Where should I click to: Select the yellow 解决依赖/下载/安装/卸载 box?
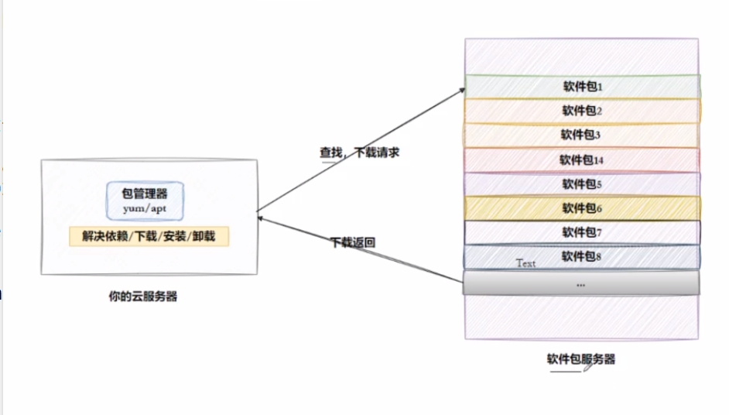click(x=149, y=236)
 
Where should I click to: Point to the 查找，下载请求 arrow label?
click(x=360, y=153)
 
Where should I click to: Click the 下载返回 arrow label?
click(x=353, y=242)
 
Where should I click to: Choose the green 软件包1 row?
click(x=582, y=86)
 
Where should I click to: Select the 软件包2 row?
click(x=582, y=111)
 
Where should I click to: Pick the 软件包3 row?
click(x=582, y=135)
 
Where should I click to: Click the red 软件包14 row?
click(x=582, y=159)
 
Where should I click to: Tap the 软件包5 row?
click(x=582, y=184)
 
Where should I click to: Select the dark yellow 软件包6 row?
click(x=582, y=208)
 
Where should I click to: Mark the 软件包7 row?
click(x=582, y=232)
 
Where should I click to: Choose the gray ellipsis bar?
click(x=581, y=283)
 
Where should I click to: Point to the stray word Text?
click(x=525, y=263)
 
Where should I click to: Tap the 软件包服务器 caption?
click(x=580, y=359)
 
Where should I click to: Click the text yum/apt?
click(x=147, y=210)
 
